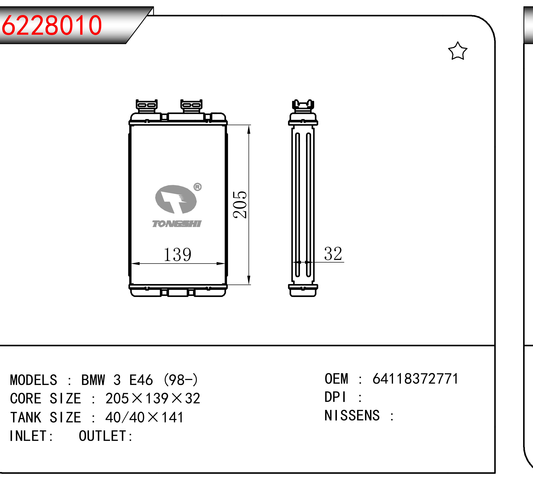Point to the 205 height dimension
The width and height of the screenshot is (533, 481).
click(240, 205)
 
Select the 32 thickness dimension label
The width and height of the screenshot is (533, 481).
click(333, 254)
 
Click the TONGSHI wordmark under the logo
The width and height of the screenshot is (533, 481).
click(177, 224)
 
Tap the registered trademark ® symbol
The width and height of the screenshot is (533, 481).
click(198, 187)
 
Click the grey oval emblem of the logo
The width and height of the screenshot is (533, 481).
click(176, 199)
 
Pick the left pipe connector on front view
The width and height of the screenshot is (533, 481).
click(146, 106)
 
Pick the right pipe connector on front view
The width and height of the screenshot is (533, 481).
click(191, 106)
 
